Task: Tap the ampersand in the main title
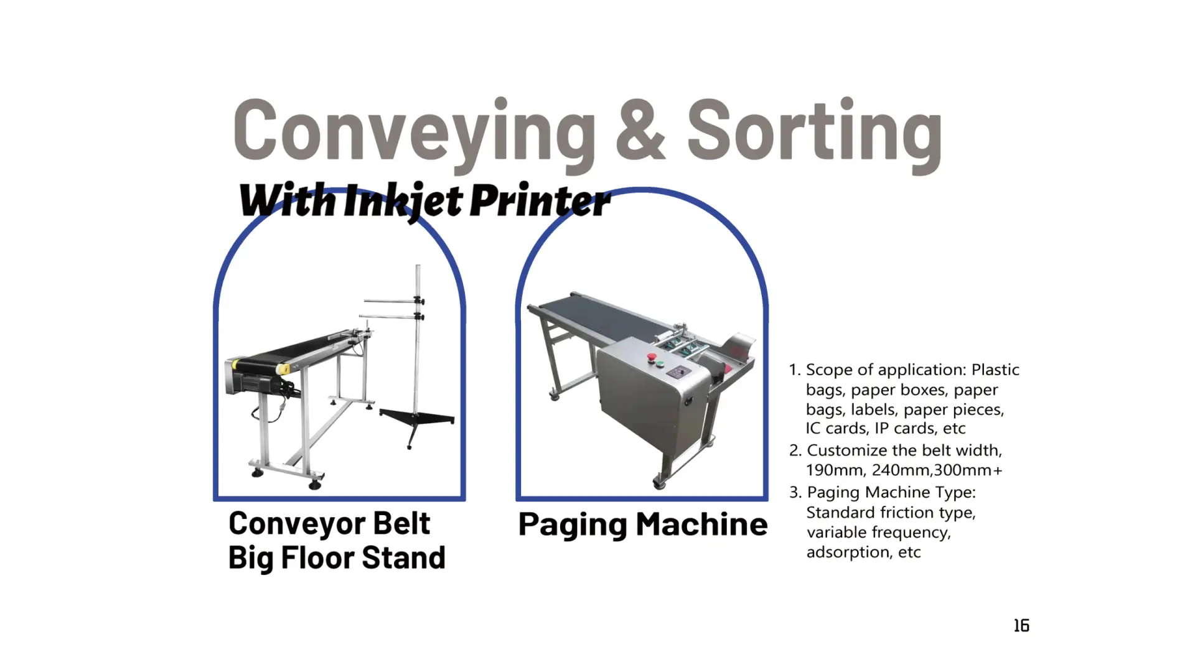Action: coord(641,129)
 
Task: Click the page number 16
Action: coord(1021,625)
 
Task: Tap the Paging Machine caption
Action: coord(643,525)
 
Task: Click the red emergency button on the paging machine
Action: coord(652,357)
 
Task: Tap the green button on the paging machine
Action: coord(661,363)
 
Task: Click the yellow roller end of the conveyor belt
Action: coord(283,368)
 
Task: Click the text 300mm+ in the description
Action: coord(968,470)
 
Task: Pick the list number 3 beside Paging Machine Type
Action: coord(795,493)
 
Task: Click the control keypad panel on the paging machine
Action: coord(678,372)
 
